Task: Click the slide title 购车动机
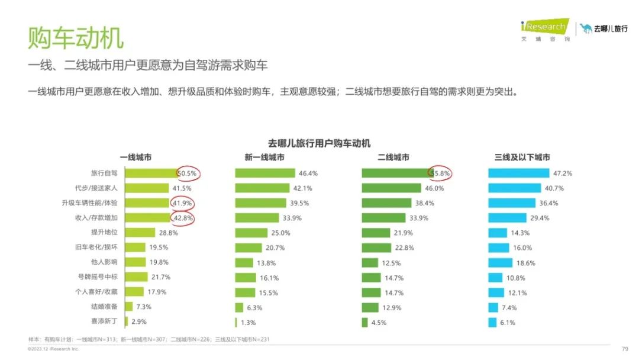tap(76, 37)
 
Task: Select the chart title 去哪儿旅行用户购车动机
tap(319, 143)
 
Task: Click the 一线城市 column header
tap(135, 157)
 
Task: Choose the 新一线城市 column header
tap(264, 157)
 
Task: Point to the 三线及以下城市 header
tap(522, 157)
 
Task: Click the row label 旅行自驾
tap(104, 173)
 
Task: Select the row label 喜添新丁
tap(104, 322)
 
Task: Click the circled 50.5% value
tap(189, 173)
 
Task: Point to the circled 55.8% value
tap(441, 173)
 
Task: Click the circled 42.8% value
tap(183, 218)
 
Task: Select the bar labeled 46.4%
tap(264, 173)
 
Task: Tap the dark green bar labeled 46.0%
tap(390, 188)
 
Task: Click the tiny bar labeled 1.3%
tap(235, 322)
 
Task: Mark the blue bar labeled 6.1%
tap(492, 322)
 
